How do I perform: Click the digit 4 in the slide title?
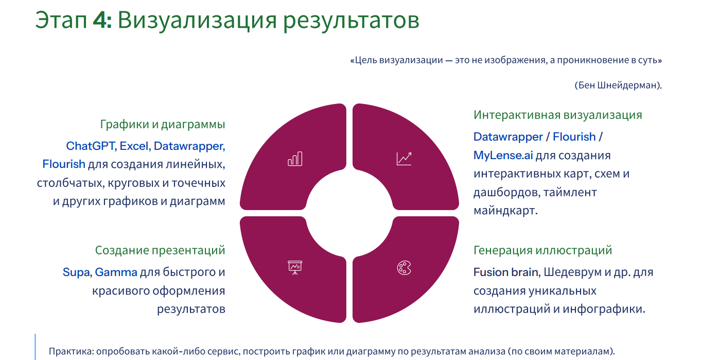point(99,21)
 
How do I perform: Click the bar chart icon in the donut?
point(295,159)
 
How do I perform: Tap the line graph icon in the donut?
point(404,159)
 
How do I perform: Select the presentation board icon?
point(295,268)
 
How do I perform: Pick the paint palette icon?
point(404,268)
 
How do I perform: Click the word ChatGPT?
point(91,146)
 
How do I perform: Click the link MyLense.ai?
point(503,155)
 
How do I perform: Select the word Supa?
point(77,272)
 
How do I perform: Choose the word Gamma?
point(116,272)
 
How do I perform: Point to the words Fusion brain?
point(506,272)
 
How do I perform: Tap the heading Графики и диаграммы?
point(163,124)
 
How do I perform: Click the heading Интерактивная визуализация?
point(558,115)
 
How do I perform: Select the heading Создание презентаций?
point(160,250)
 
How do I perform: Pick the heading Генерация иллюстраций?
point(542,250)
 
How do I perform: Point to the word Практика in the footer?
point(70,351)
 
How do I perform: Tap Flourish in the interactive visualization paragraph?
point(574,137)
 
